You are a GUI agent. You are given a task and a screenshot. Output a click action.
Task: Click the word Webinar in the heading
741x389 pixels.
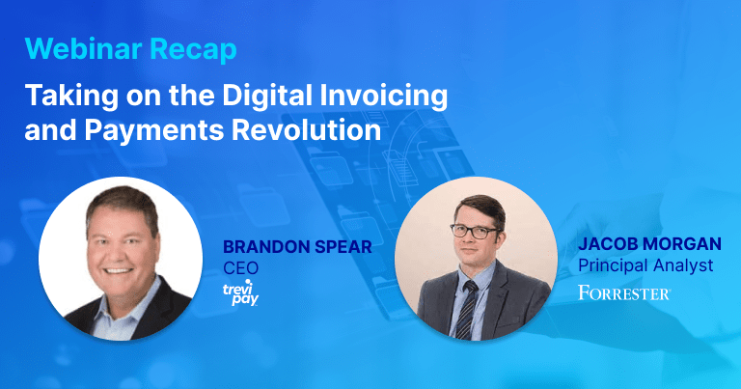[83, 48]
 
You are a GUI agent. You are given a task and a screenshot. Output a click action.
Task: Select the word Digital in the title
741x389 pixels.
[267, 97]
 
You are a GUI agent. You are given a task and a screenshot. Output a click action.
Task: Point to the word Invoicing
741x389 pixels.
[384, 97]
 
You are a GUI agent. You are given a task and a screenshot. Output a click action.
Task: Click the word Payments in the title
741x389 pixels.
[154, 130]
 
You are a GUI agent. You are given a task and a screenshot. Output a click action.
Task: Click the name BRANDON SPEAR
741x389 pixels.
[297, 247]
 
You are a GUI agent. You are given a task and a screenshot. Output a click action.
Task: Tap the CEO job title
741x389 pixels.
[241, 268]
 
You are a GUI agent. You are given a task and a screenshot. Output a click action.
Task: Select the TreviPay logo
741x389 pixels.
[240, 293]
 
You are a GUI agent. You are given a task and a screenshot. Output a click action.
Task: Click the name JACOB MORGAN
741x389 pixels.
[649, 244]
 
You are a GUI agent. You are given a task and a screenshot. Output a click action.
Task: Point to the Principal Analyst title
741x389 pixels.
[645, 265]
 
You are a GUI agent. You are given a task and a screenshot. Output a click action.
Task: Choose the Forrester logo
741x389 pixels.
[624, 292]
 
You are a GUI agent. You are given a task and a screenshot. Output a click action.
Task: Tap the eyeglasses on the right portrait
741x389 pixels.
[475, 232]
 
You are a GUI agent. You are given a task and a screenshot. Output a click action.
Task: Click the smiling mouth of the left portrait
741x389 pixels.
[118, 271]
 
